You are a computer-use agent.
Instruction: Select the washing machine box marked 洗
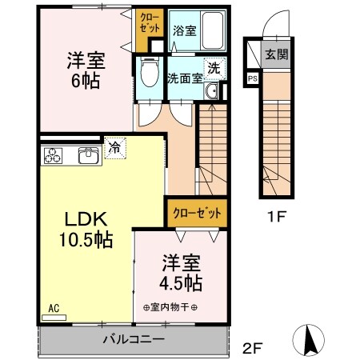(214, 69)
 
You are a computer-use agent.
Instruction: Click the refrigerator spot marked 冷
(114, 148)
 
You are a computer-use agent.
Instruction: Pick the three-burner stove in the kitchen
(54, 154)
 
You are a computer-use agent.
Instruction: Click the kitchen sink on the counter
(89, 154)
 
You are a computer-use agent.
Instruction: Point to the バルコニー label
(133, 339)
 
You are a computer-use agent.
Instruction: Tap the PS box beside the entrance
(253, 78)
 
